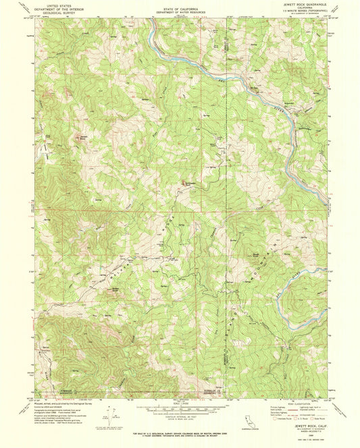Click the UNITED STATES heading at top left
(x=58, y=5)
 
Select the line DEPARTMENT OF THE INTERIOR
(x=58, y=8)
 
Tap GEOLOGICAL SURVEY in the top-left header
(x=58, y=11)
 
